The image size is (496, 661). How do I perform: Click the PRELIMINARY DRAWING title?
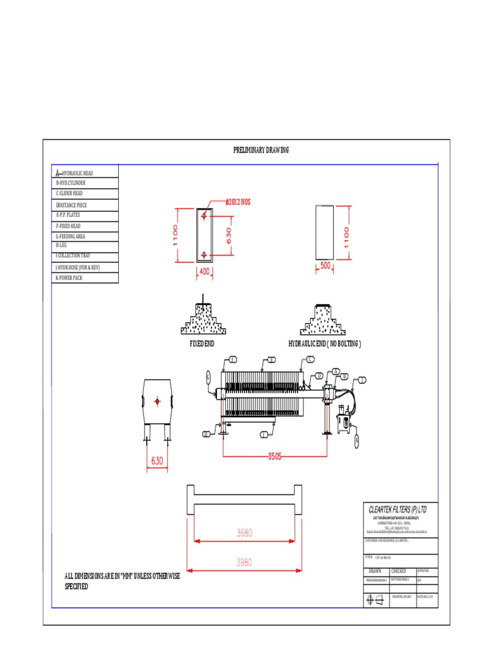261,150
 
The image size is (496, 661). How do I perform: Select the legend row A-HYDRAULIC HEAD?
85,172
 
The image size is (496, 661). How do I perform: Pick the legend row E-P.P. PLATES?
85,215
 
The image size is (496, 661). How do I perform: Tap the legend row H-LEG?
85,246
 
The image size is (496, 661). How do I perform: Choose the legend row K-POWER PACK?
85,278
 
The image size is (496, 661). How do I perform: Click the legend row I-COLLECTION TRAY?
85,256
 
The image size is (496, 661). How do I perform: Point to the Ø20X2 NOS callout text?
238,202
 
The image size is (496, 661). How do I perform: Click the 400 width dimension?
204,272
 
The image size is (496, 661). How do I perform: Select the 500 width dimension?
325,265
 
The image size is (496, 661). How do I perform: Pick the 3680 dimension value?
244,533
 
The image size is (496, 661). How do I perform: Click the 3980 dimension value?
244,562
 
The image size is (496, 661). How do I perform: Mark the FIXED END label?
201,344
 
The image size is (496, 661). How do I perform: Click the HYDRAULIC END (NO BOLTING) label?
325,344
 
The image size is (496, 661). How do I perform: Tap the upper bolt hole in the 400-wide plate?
204,216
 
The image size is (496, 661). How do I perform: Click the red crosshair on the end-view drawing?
157,402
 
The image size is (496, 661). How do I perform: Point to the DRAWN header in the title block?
375,571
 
